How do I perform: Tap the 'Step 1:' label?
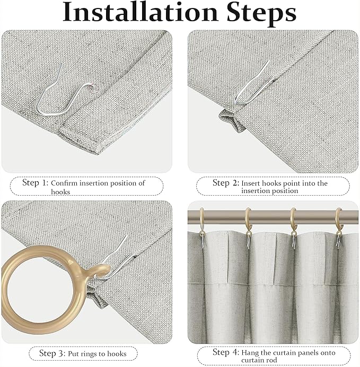pos(35,182)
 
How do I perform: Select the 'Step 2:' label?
pos(225,182)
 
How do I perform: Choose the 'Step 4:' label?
pos(225,352)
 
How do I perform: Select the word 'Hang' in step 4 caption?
pos(250,353)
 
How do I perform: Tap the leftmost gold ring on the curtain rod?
pos(202,220)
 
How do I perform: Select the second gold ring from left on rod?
pos(248,220)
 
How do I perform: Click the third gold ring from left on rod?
pos(293,220)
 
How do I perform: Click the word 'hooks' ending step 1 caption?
pos(60,191)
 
